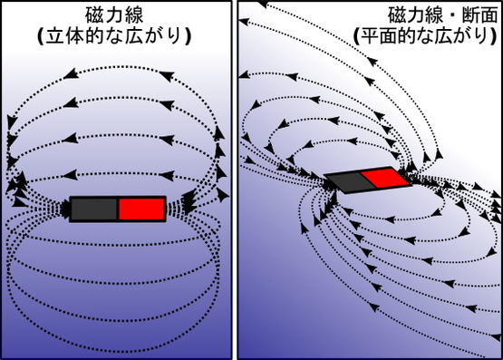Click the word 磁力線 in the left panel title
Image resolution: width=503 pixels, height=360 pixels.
tap(114, 15)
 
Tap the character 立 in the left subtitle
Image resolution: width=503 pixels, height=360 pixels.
tap(56, 36)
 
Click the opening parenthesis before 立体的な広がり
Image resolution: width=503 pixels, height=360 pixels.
tap(41, 37)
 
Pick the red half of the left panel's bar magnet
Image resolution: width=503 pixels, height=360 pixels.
tap(141, 209)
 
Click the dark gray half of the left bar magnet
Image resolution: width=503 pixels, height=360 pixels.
tap(93, 209)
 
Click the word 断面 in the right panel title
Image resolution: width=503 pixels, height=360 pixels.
tap(479, 15)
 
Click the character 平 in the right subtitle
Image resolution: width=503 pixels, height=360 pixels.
tap(372, 36)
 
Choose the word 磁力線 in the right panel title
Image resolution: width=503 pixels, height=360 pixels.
tap(416, 15)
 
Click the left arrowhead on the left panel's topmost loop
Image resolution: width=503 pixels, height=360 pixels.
tap(71, 73)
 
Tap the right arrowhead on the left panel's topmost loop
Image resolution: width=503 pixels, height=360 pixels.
tap(167, 75)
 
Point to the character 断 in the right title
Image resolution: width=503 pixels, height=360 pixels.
tap(470, 15)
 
